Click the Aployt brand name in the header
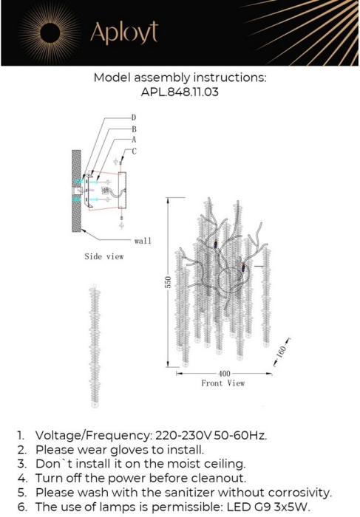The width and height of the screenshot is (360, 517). click(x=123, y=33)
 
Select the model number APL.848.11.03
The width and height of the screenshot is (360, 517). click(x=180, y=93)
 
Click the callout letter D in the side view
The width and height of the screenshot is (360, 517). click(x=134, y=117)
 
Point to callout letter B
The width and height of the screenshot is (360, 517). click(x=134, y=129)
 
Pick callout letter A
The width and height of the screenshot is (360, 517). click(x=134, y=139)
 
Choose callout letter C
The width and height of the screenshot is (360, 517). click(x=134, y=151)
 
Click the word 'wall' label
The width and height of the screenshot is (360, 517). click(x=143, y=241)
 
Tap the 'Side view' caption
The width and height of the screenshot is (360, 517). click(x=103, y=256)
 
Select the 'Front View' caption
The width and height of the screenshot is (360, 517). click(x=223, y=383)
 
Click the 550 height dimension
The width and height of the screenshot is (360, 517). click(x=168, y=282)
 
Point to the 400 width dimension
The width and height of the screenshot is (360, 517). click(x=223, y=374)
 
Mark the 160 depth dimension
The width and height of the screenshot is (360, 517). click(x=280, y=354)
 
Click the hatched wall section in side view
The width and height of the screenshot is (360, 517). click(x=76, y=191)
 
